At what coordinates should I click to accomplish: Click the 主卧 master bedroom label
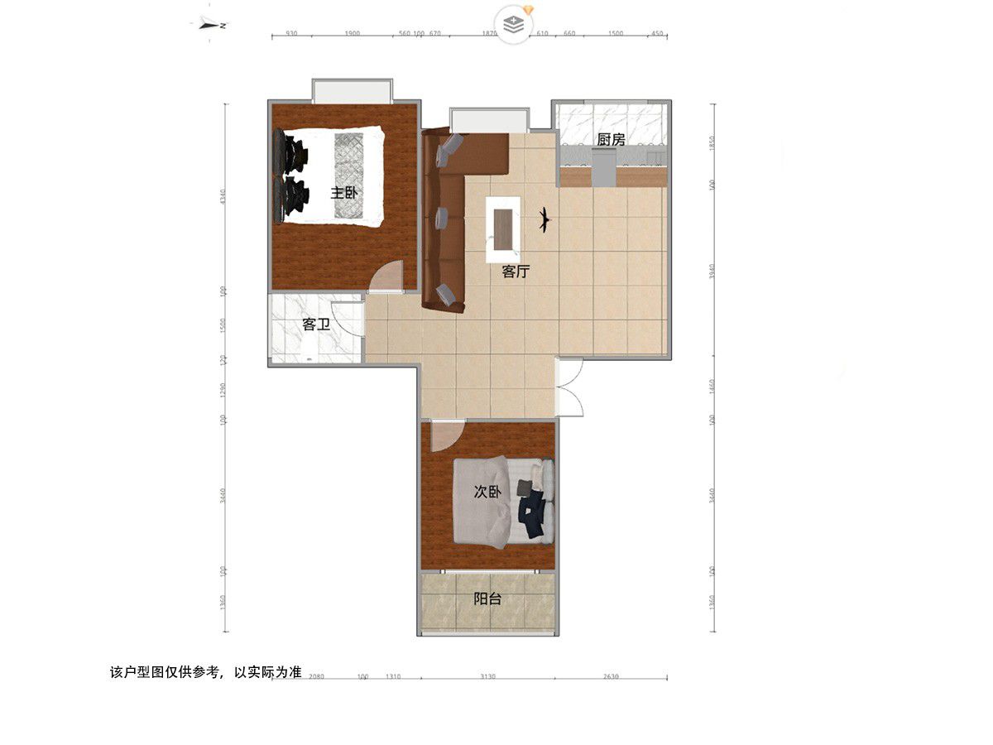coord(344,193)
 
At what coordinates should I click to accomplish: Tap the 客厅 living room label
coord(516,272)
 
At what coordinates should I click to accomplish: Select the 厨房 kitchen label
coord(611,140)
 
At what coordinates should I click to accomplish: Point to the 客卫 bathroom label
coord(316,324)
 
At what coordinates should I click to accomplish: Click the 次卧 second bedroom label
coord(487,492)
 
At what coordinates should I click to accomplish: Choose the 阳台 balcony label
coord(487,598)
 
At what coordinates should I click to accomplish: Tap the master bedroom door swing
coord(386,277)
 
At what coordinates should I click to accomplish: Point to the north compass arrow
coord(214,25)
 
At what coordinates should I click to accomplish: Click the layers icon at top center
coord(515,23)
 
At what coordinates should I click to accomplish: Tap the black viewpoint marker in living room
coord(544,219)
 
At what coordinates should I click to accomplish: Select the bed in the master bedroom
coord(331,175)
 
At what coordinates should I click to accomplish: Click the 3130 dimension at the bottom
coord(487,677)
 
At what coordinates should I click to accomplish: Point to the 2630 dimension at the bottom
coord(610,677)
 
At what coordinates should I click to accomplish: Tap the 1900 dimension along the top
coord(351,34)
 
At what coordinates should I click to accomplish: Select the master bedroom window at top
coord(351,90)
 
